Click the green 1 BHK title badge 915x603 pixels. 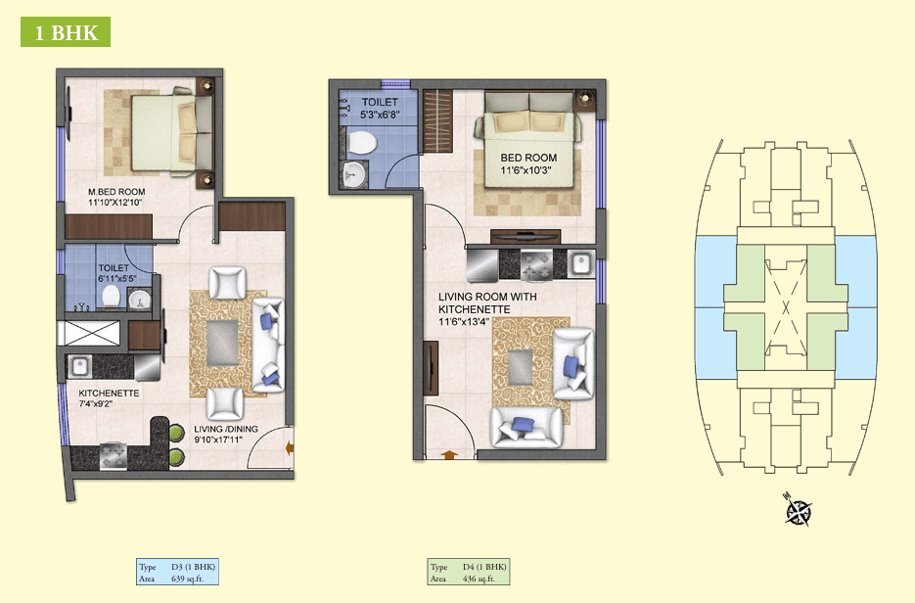(x=66, y=32)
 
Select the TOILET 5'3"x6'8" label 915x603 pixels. (x=380, y=109)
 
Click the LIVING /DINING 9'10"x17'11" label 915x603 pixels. (x=226, y=435)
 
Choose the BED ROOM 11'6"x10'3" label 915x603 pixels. (x=528, y=164)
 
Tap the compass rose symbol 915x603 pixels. (x=798, y=510)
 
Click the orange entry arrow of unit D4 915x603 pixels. (x=449, y=454)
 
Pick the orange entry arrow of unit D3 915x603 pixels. (x=289, y=447)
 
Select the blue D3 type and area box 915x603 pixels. (x=177, y=572)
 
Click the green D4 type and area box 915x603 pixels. (x=469, y=572)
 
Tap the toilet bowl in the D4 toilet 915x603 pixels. (x=361, y=143)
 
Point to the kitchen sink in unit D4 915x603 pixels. (x=580, y=264)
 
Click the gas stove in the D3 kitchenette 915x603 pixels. (x=114, y=456)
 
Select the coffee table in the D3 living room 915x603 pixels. (x=222, y=343)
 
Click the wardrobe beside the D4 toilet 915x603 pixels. (x=438, y=120)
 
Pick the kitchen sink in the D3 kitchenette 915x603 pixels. (x=80, y=366)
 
